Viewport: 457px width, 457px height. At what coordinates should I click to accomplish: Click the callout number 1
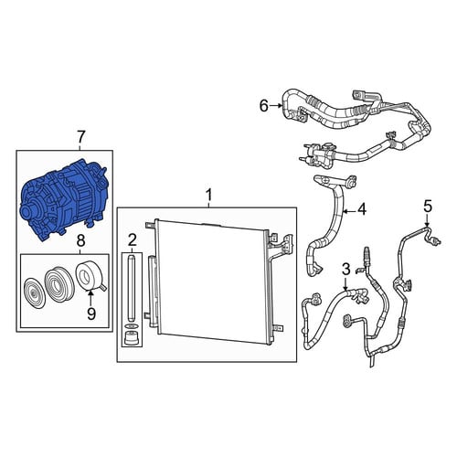click(x=208, y=195)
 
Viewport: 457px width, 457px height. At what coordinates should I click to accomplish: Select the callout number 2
click(x=132, y=240)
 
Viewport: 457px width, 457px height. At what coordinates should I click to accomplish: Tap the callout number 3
click(x=346, y=270)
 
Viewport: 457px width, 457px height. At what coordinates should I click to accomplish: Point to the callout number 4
click(x=362, y=210)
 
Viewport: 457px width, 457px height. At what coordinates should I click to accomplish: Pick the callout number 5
click(x=428, y=207)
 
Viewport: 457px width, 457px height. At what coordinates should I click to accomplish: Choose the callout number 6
click(x=264, y=106)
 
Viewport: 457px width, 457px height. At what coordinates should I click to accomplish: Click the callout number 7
click(x=80, y=138)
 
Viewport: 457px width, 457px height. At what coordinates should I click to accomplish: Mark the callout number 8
click(x=80, y=241)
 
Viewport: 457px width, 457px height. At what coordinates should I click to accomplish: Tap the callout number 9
click(x=91, y=314)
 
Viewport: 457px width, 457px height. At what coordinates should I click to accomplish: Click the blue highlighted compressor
click(x=62, y=199)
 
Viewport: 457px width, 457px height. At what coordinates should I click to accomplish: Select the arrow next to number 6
click(x=276, y=106)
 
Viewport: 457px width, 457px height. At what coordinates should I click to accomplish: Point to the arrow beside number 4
click(x=349, y=210)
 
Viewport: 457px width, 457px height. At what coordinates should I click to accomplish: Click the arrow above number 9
click(x=90, y=297)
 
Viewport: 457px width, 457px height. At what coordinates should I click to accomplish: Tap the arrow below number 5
click(x=428, y=220)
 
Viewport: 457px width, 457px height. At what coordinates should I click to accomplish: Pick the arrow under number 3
click(x=345, y=283)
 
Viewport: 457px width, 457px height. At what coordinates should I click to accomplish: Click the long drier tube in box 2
click(x=132, y=288)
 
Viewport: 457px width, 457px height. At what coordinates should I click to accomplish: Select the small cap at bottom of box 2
click(x=132, y=338)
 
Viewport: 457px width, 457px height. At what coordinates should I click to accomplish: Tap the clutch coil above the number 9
click(x=90, y=276)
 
